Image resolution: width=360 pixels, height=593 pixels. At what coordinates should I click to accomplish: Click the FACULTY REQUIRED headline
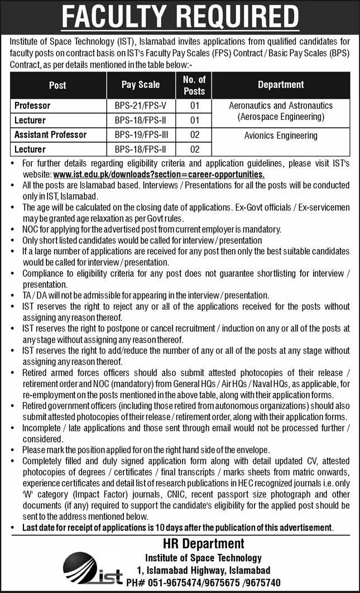click(180, 16)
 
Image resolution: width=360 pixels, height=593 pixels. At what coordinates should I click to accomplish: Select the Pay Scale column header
click(141, 85)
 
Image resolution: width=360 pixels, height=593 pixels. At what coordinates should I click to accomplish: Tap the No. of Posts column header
click(194, 85)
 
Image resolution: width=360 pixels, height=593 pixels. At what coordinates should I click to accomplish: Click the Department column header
click(281, 85)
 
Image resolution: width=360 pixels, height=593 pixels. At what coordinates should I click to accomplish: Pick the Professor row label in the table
click(33, 105)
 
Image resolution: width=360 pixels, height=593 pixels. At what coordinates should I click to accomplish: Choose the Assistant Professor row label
click(51, 135)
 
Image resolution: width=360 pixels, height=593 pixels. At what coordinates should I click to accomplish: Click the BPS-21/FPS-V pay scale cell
click(141, 105)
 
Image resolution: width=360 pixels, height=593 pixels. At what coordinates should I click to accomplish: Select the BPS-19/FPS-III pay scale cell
click(141, 135)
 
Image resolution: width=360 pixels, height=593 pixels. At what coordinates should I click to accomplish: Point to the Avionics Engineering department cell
click(281, 135)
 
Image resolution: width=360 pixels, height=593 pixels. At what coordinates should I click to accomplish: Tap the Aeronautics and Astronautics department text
click(281, 105)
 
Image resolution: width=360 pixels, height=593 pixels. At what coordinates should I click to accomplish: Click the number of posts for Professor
click(194, 105)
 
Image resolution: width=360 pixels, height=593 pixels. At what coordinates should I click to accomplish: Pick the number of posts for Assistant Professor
click(194, 135)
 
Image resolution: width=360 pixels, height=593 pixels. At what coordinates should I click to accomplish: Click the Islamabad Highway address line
click(203, 570)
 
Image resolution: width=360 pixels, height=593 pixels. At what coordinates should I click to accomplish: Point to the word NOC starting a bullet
click(32, 229)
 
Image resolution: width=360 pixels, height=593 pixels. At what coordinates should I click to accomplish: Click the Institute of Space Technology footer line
click(203, 557)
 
